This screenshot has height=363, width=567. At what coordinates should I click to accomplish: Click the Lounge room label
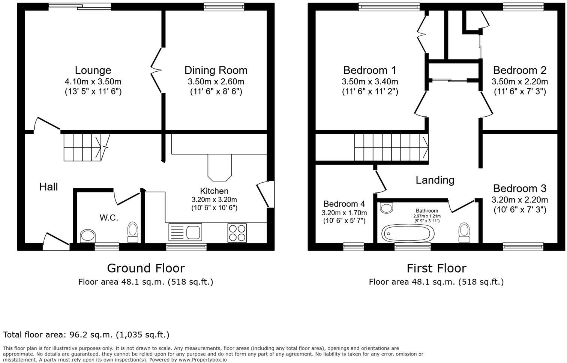93,70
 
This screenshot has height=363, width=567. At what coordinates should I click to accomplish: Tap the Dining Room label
216,70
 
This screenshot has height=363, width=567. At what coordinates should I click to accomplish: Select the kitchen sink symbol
185,232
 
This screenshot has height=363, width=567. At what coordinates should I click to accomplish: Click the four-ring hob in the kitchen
237,232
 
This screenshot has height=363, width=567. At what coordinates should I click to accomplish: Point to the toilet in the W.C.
133,232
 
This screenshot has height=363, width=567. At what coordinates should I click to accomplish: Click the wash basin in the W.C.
88,236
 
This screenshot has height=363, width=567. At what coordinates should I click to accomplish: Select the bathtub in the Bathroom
408,233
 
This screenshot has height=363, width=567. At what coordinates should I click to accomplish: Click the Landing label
435,180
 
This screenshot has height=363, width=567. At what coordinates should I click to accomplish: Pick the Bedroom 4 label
344,204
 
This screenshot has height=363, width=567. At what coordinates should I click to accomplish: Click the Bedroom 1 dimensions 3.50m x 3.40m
370,82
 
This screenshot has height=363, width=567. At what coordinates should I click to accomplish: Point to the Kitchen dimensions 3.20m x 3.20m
214,199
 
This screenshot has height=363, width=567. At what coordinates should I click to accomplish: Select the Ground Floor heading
145,268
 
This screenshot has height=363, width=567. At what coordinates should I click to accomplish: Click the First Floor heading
436,268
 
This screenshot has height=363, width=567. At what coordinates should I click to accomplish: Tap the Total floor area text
86,334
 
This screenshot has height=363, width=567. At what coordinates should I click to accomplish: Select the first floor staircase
391,147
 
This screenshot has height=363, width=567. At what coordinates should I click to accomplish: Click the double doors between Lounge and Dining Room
157,70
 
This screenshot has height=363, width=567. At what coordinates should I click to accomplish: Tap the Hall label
48,186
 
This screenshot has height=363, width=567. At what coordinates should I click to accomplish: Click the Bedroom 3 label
519,188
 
